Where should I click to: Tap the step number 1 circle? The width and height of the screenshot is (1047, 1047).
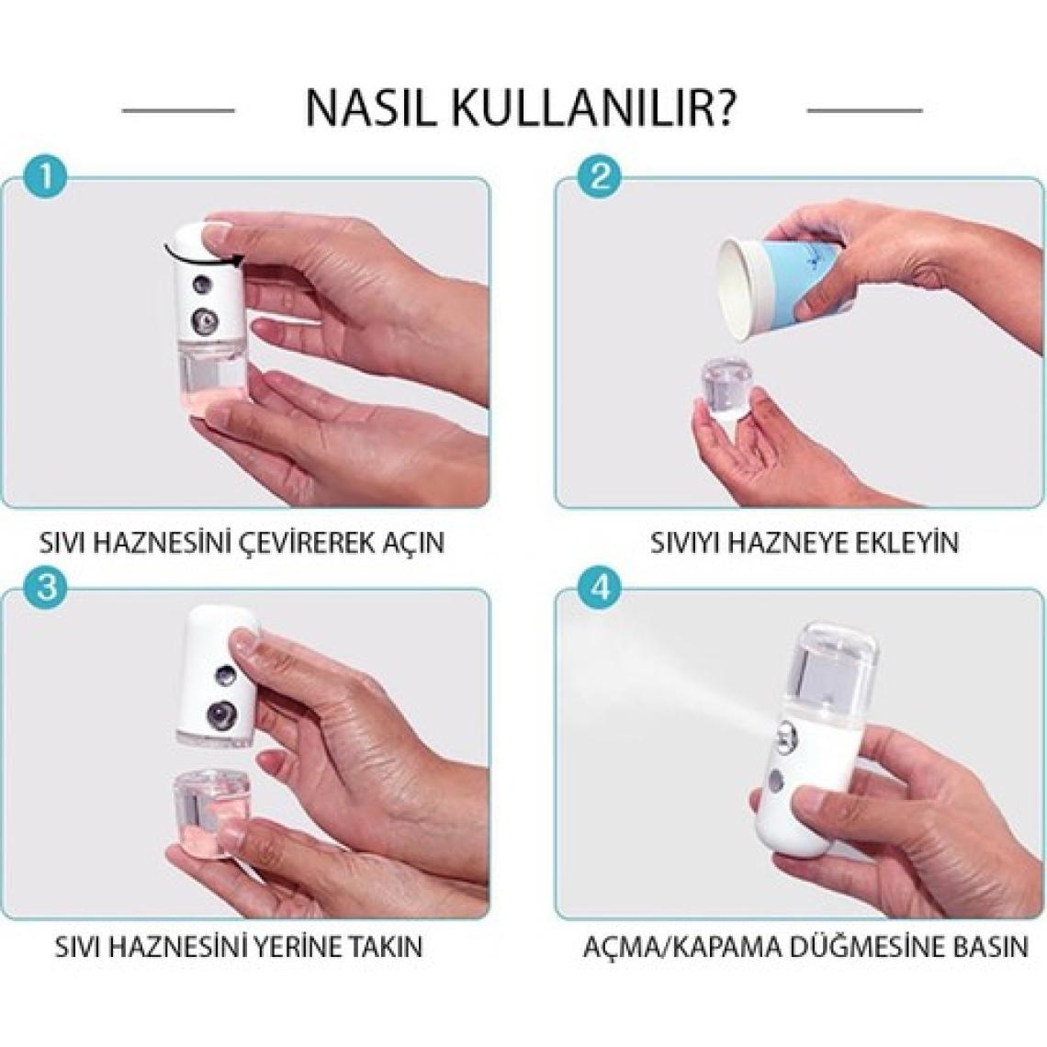click(x=45, y=176)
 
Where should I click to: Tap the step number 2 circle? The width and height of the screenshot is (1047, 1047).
click(x=600, y=176)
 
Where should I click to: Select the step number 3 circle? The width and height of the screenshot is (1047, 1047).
click(x=45, y=589)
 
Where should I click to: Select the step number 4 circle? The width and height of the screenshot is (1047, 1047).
click(x=600, y=589)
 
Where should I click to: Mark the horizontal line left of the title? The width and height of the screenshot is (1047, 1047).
click(x=178, y=110)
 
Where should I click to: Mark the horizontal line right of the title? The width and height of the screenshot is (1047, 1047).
click(x=865, y=110)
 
